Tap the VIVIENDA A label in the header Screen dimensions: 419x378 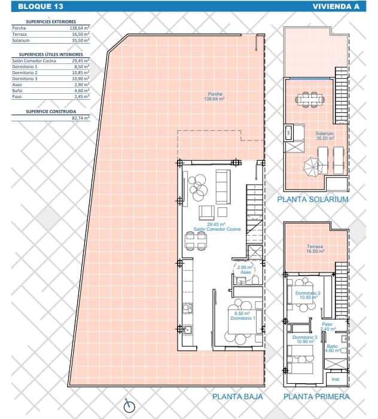point(337,7)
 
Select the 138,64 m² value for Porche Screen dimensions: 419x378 point(80,28)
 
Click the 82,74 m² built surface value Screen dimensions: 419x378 point(80,118)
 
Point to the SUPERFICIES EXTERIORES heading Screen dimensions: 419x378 point(51,22)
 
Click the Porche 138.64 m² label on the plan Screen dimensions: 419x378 point(215,96)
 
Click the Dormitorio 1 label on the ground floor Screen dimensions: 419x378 point(242,316)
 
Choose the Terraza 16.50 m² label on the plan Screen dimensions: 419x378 point(315,249)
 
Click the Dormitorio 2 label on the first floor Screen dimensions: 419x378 point(308,295)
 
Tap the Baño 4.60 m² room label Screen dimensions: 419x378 point(333,348)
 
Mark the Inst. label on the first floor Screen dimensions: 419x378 point(336,379)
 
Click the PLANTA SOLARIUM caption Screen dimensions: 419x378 point(312,199)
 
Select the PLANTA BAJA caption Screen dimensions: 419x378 point(237,396)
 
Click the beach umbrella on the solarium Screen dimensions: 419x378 point(312,166)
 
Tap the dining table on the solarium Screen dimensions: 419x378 point(309,99)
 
